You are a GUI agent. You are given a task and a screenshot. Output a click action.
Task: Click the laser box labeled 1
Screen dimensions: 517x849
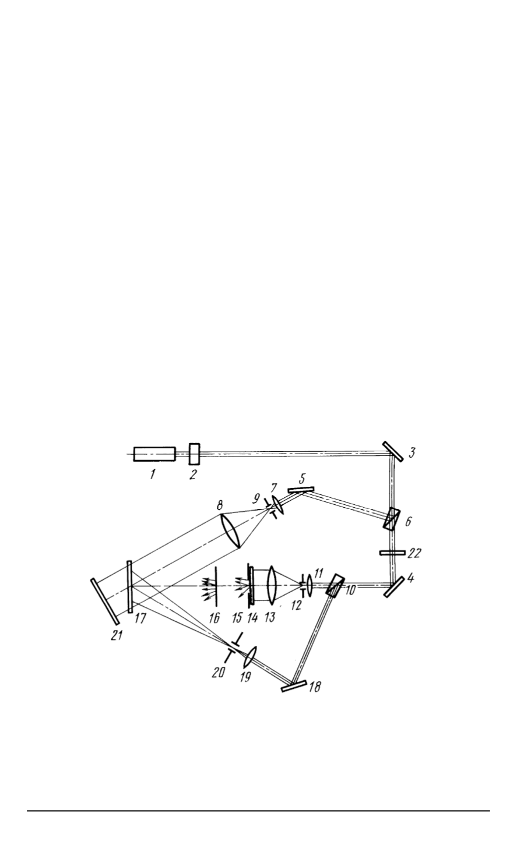click(154, 454)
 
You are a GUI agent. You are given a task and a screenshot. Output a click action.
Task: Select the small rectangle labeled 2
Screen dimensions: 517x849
click(194, 454)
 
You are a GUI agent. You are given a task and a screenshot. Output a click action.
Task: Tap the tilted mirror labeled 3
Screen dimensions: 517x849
click(393, 451)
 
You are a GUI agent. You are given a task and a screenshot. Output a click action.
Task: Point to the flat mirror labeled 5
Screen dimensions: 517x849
click(301, 490)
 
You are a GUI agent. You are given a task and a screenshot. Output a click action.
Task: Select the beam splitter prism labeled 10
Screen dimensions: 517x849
click(335, 586)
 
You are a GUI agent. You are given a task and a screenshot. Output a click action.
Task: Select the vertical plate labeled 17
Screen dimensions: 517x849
click(130, 586)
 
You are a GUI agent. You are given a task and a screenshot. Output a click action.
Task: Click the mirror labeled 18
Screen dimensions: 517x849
click(294, 687)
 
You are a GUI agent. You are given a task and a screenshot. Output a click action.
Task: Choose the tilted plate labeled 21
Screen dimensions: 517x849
click(105, 601)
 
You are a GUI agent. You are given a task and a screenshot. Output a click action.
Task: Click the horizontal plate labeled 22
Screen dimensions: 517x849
click(392, 553)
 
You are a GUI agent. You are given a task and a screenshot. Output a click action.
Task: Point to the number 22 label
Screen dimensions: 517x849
click(414, 553)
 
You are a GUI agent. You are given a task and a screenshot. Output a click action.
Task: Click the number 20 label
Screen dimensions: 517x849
click(219, 673)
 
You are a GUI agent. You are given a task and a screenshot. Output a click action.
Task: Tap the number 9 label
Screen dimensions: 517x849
click(257, 498)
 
